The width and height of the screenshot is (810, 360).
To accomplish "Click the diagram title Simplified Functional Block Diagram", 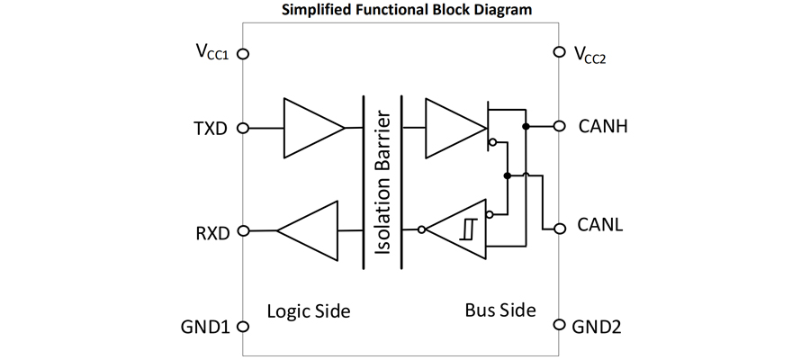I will pyautogui.click(x=405, y=10).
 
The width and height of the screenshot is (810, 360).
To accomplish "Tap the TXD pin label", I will pyautogui.click(x=212, y=128).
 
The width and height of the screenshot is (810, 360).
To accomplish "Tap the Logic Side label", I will pyautogui.click(x=309, y=311).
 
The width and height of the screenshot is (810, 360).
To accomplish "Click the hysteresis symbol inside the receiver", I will pyautogui.click(x=468, y=230).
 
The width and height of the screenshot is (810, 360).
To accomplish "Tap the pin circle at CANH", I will pyautogui.click(x=560, y=126).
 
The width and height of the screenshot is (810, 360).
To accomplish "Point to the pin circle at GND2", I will pyautogui.click(x=560, y=325).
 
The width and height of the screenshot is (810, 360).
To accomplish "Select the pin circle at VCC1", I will pyautogui.click(x=241, y=53).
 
